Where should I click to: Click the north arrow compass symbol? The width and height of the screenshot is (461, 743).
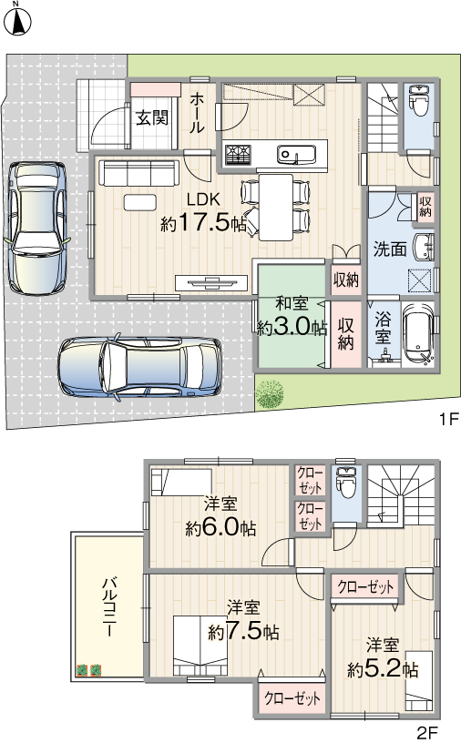coord(17,20)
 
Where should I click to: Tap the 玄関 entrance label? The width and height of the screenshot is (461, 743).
coord(152,117)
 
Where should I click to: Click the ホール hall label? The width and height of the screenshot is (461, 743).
coord(198,113)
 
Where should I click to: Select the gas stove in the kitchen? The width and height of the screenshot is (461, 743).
coord(238,154)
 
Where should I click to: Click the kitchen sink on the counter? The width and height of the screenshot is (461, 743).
coord(296,154)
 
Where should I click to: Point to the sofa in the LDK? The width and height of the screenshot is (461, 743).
coord(139,173)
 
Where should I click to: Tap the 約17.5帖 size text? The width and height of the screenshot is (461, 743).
coord(203,223)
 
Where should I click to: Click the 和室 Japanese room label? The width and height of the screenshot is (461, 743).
coord(292,303)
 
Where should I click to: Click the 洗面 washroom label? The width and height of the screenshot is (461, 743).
coord(390,249)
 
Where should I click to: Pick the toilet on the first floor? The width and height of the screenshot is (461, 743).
coord(419,100)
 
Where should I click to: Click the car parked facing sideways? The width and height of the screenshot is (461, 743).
coord(139,366)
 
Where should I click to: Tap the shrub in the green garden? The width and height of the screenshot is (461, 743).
coord(270,394)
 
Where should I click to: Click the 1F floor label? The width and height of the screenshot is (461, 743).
coord(446,419)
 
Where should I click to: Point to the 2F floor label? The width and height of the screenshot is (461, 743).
coord(427,733)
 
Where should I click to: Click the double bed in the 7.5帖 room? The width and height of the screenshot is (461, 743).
coord(200,646)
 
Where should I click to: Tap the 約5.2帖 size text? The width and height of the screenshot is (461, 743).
coord(383,669)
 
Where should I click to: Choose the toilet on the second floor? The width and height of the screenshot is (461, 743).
coord(346,483)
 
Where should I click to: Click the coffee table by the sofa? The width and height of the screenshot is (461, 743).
coord(140,203)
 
